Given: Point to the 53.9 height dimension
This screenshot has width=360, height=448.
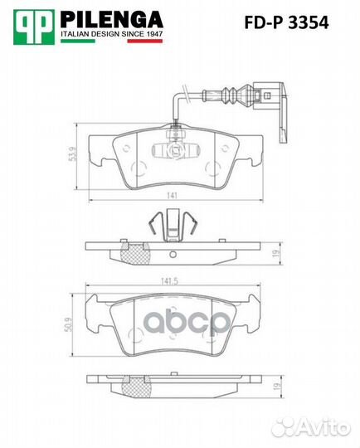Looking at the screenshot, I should [x=72, y=157].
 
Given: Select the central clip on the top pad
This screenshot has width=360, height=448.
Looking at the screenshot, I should [x=173, y=149].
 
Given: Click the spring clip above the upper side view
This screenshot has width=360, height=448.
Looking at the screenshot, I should [x=173, y=222].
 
